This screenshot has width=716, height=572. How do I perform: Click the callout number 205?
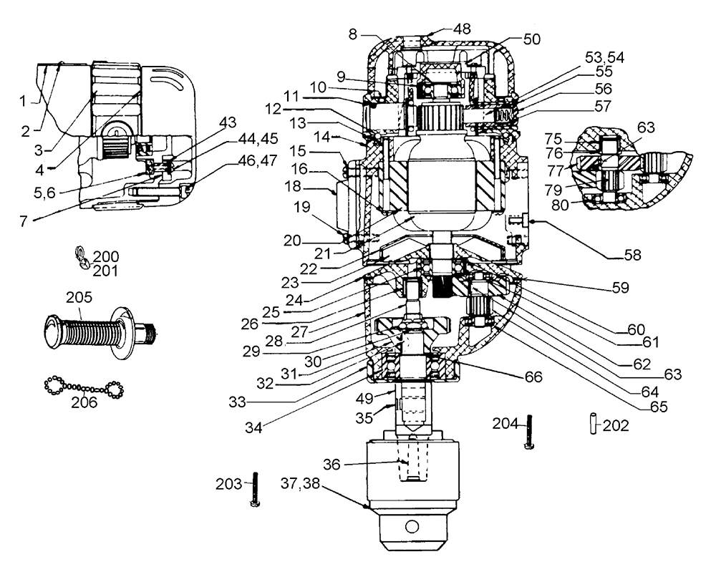point(79,297)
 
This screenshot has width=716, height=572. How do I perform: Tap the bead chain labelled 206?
point(84,387)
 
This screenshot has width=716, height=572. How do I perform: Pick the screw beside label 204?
point(529,432)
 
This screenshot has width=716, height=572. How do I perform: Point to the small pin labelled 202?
point(593,423)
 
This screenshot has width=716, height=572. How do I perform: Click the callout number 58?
point(633,255)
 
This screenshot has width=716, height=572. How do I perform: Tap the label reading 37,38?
point(300,483)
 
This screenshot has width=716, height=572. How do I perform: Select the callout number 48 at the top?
point(462,29)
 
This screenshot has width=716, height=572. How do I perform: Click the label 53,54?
point(605,57)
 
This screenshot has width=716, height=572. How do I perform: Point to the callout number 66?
point(533,377)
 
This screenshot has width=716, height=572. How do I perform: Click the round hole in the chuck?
point(412,527)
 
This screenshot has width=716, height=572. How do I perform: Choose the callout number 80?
point(560,205)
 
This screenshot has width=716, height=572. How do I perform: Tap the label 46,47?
point(258,160)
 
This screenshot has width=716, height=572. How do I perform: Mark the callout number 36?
point(332,465)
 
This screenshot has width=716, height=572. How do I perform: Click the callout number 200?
point(106,256)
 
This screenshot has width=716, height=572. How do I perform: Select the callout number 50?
point(531,39)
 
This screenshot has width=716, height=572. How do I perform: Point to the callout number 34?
point(254,427)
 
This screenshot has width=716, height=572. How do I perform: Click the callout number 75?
point(553,139)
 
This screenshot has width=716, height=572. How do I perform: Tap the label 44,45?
point(258,138)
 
